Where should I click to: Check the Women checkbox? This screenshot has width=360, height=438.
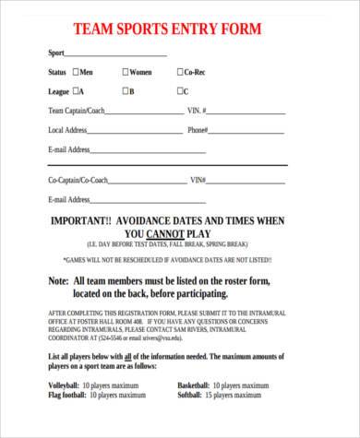126,72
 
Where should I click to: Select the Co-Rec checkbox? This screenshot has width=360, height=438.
181,72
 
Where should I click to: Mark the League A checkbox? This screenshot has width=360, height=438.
75,91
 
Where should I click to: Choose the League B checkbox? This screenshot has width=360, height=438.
126,91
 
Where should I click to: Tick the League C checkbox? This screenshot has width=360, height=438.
180,91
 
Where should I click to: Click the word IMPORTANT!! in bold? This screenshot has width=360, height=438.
80,221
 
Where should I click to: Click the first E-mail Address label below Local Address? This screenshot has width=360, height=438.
68,149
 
